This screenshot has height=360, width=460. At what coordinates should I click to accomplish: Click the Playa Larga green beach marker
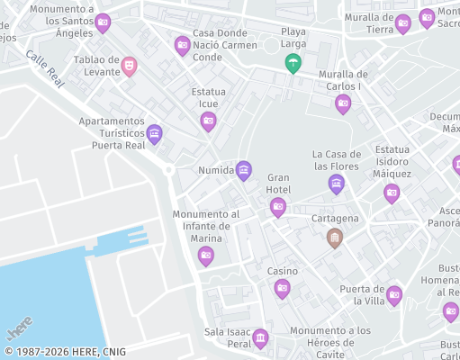pyautogui.click(x=293, y=63)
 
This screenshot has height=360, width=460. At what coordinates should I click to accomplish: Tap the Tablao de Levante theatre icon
pyautogui.click(x=129, y=65)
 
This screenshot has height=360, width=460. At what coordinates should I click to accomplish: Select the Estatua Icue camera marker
pyautogui.click(x=208, y=121)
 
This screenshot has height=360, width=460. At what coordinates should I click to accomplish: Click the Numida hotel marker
pyautogui.click(x=243, y=169)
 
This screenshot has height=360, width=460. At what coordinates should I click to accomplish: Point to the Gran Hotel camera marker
pyautogui.click(x=278, y=208)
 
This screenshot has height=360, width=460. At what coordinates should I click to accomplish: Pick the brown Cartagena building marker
pyautogui.click(x=334, y=238)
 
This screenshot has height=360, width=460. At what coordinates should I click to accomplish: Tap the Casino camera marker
pyautogui.click(x=282, y=288)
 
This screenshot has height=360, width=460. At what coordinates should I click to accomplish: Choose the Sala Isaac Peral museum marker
pyautogui.click(x=261, y=337)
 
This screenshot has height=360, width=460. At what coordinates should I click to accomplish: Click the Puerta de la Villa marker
pyautogui.click(x=393, y=294)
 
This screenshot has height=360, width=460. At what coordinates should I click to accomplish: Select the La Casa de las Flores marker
pyautogui.click(x=336, y=184)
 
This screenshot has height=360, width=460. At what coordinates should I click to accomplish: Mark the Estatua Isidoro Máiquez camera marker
pyautogui.click(x=392, y=192)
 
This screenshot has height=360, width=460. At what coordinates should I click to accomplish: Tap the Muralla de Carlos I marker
pyautogui.click(x=343, y=103)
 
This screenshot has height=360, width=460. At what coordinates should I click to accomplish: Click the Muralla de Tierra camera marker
pyautogui.click(x=402, y=22)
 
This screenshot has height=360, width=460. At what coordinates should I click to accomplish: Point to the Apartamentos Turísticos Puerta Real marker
pyautogui.click(x=154, y=134)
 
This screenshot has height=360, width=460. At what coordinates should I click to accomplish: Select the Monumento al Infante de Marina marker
pyautogui.click(x=206, y=256)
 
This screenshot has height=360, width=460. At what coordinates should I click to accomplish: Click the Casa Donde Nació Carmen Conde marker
pyautogui.click(x=183, y=45)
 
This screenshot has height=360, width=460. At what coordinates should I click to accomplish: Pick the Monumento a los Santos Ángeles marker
pyautogui.click(x=103, y=22)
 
